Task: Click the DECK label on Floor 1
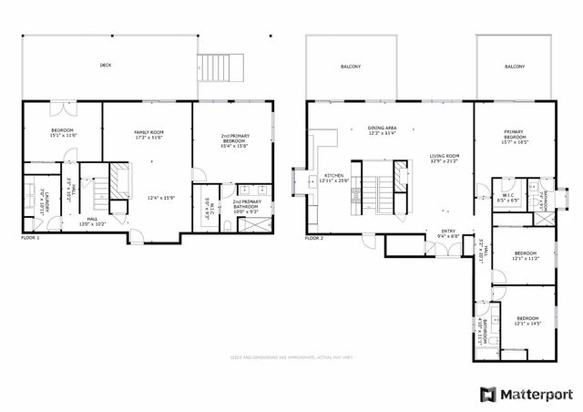[x=106, y=66]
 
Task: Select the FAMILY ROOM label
[x=148, y=133]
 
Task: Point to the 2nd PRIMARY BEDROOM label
[x=235, y=139]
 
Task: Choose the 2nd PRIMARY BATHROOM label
[x=248, y=202]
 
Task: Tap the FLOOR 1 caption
[x=30, y=238]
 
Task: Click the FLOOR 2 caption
[x=314, y=238]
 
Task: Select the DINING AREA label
[x=382, y=129]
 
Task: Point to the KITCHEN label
[x=332, y=176]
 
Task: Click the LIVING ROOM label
[x=445, y=156]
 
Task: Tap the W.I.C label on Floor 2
[x=509, y=194]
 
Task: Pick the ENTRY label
[x=447, y=231]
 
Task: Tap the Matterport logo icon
[x=487, y=394]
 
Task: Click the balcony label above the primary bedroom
[x=515, y=67]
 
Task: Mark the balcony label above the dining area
[x=352, y=67]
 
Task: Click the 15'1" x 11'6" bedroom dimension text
[x=62, y=136]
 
